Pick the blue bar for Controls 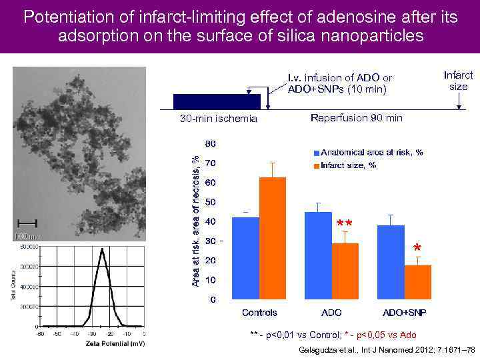coord(245,258)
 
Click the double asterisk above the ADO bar coord(344,223)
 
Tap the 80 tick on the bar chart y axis coord(210,143)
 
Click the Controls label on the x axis coord(259,312)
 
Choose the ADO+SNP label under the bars coord(404,312)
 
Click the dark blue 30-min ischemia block coord(217,101)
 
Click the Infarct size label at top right coord(458,81)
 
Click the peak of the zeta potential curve coord(101,249)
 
